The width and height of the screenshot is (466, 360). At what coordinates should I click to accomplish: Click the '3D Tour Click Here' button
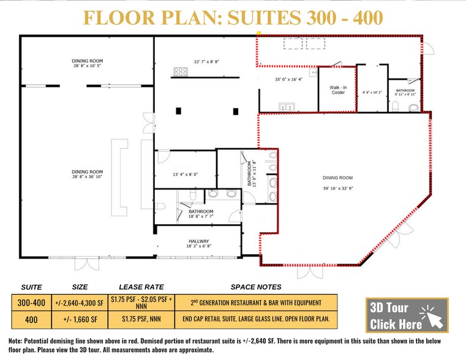pyautogui.click(x=407, y=315)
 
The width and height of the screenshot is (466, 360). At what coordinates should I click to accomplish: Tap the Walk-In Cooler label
pyautogui.click(x=338, y=90)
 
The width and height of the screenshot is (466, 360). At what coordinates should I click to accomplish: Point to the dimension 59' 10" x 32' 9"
pyautogui.click(x=339, y=189)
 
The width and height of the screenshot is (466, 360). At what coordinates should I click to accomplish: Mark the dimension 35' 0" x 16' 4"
pyautogui.click(x=288, y=79)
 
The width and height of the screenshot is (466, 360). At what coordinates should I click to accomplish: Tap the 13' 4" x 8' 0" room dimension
pyautogui.click(x=185, y=174)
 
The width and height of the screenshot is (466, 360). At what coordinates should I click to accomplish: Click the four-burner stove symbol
pyautogui.click(x=180, y=72)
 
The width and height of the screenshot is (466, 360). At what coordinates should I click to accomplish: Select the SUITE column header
pyautogui.click(x=31, y=287)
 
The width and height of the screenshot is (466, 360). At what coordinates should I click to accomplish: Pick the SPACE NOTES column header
pyautogui.click(x=256, y=287)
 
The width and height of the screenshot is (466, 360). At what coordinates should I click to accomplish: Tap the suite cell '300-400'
pyautogui.click(x=31, y=302)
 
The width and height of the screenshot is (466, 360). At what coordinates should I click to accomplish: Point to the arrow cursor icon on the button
pyautogui.click(x=433, y=318)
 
